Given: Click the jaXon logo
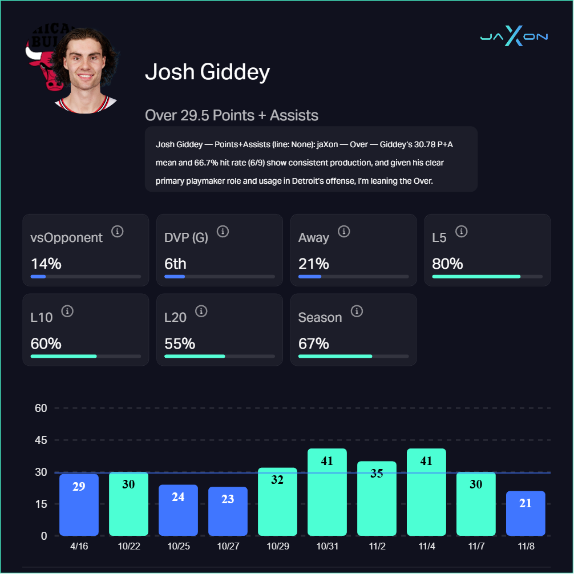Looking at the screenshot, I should pyautogui.click(x=514, y=38).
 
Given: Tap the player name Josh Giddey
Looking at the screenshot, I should pyautogui.click(x=207, y=72).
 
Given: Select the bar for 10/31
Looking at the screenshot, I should pyautogui.click(x=327, y=492).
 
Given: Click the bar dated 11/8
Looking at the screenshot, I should pyautogui.click(x=526, y=513).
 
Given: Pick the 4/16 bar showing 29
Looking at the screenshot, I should pyautogui.click(x=79, y=504).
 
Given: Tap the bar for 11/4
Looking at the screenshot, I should pyautogui.click(x=426, y=492).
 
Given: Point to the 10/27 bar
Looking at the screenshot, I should pyautogui.click(x=228, y=511).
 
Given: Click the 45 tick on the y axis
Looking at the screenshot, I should pyautogui.click(x=41, y=440).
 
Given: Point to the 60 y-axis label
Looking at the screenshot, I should pyautogui.click(x=41, y=408).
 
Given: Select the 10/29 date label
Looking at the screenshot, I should pyautogui.click(x=277, y=546).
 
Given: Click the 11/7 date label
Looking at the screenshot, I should pyautogui.click(x=476, y=546).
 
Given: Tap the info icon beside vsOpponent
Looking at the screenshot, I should pyautogui.click(x=118, y=232).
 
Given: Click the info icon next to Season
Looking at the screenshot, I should pyautogui.click(x=357, y=312).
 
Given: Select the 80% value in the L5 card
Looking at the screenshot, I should pyautogui.click(x=447, y=264).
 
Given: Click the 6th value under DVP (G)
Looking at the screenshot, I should pyautogui.click(x=175, y=264).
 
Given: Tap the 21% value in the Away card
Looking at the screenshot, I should pyautogui.click(x=313, y=264).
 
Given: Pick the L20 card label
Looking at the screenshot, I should pyautogui.click(x=175, y=317).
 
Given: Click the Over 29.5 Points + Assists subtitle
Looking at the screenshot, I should pyautogui.click(x=232, y=115).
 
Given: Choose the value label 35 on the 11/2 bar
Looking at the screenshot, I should pyautogui.click(x=377, y=473).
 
